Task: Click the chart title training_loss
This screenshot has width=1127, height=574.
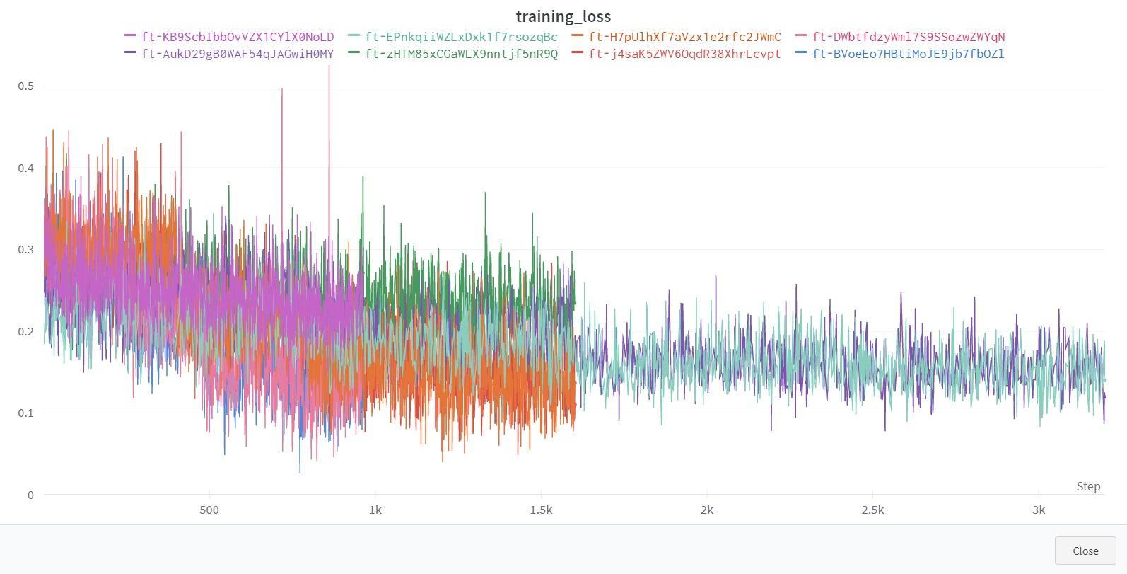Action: [563, 16]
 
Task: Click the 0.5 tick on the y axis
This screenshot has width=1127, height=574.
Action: [26, 86]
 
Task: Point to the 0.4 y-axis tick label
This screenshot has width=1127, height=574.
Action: [26, 168]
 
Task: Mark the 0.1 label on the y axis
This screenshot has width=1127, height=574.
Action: [26, 413]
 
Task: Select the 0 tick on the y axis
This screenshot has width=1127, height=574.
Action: [30, 495]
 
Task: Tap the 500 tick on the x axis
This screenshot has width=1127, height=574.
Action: [209, 510]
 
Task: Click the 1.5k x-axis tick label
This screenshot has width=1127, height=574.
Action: [541, 510]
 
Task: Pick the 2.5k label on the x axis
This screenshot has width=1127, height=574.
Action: [872, 510]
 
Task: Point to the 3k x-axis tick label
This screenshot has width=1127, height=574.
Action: [1038, 510]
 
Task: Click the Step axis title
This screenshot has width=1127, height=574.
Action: [1088, 486]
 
